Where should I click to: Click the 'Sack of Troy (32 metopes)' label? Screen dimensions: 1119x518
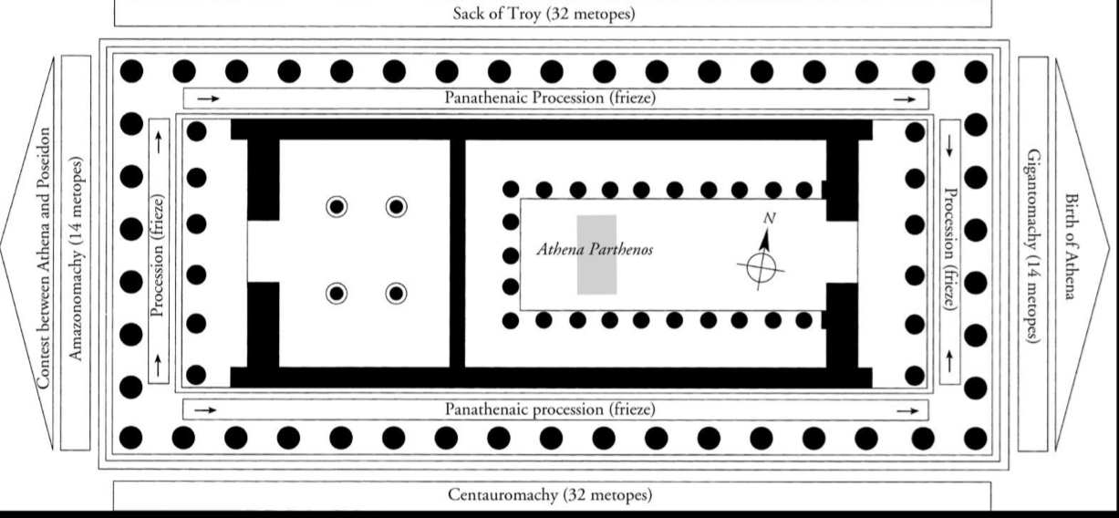click(x=544, y=14)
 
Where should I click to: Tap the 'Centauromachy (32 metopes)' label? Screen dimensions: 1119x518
click(x=550, y=494)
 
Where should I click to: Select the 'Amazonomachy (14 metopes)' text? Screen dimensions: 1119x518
click(x=75, y=259)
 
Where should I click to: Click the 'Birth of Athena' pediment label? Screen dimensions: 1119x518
click(x=1070, y=246)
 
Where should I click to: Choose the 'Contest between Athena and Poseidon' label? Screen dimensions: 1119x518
click(x=44, y=258)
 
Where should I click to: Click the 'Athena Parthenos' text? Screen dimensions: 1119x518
click(x=595, y=249)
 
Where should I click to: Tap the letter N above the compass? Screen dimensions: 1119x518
click(x=770, y=218)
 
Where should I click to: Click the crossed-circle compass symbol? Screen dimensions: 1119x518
click(x=762, y=268)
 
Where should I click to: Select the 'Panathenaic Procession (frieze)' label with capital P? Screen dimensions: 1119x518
click(x=550, y=98)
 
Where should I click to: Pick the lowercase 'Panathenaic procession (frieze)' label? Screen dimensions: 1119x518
click(x=550, y=409)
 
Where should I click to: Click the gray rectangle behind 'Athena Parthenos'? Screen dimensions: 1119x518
click(x=597, y=254)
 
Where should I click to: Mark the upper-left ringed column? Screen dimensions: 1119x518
click(x=337, y=206)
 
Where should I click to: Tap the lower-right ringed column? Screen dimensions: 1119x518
click(x=396, y=294)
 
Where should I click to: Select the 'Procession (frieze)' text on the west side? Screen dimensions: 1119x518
click(x=158, y=255)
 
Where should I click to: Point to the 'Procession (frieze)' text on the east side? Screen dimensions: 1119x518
click(x=950, y=249)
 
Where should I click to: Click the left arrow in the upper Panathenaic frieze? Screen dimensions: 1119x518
click(x=208, y=98)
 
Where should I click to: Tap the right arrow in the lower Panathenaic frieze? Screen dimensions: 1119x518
click(x=907, y=410)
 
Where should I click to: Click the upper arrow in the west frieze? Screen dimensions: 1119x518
click(x=159, y=142)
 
